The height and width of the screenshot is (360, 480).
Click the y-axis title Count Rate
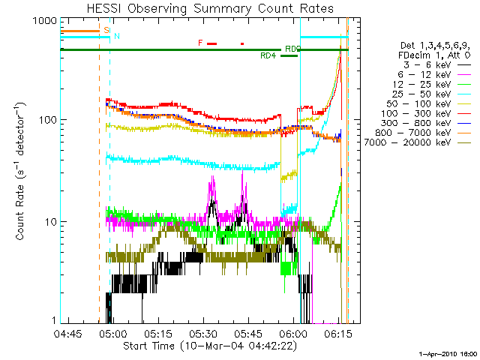[x=22, y=172]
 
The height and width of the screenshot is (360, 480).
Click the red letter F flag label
[x=200, y=43]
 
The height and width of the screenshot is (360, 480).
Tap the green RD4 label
[x=268, y=56]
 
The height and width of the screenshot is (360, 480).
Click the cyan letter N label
[x=117, y=36]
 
